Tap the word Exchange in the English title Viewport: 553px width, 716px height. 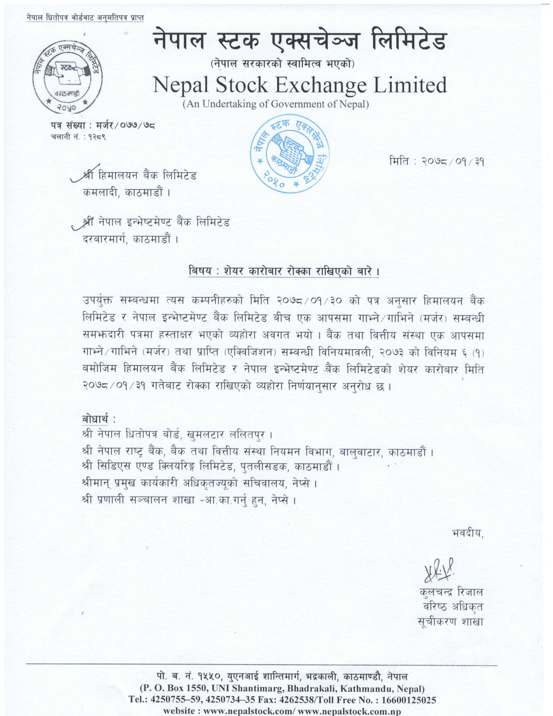coord(320,85)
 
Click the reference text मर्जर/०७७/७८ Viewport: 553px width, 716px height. coord(126,125)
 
